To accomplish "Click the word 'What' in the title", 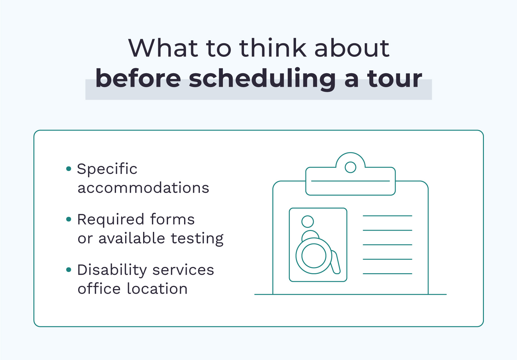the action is (x=163, y=48).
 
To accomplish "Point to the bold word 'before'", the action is (x=138, y=78).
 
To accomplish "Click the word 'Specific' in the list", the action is (x=107, y=169).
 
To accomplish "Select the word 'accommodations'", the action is (x=143, y=188).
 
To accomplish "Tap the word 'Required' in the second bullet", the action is (x=111, y=219).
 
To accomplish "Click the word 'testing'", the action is (x=197, y=239).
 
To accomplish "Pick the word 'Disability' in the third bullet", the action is (x=112, y=270).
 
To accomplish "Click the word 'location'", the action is (x=157, y=289).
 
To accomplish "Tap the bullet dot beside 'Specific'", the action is (x=68, y=169).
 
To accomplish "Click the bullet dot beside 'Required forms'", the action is (x=68, y=219).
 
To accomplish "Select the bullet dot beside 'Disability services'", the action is (x=68, y=270).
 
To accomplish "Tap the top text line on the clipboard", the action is (x=387, y=216).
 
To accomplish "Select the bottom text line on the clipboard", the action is (x=387, y=274).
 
